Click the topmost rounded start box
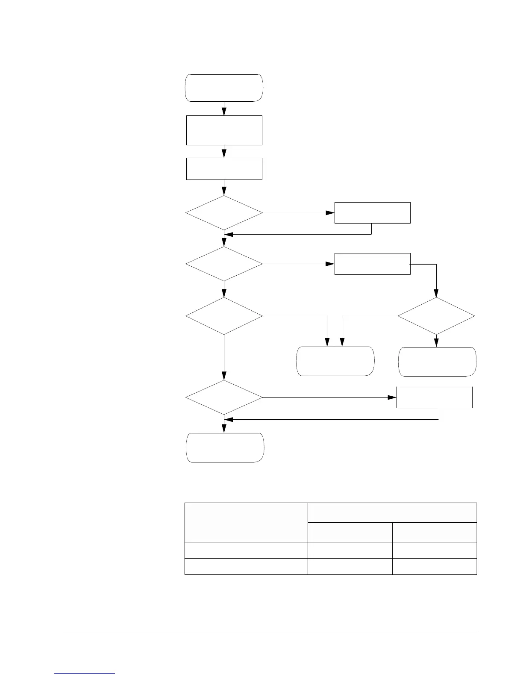click(224, 88)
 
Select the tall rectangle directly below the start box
click(224, 130)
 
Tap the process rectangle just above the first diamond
click(224, 169)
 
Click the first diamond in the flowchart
click(224, 213)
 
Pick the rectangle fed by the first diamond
click(372, 213)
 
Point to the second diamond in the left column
click(224, 264)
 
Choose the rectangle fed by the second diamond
click(372, 264)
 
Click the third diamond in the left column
click(224, 316)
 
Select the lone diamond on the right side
click(436, 316)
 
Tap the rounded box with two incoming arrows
click(335, 362)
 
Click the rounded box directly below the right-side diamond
click(437, 362)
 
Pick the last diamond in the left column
click(224, 397)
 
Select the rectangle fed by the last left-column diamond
click(435, 397)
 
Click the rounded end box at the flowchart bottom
click(225, 447)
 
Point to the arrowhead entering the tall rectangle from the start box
click(224, 112)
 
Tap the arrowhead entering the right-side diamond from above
click(436, 295)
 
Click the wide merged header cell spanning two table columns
click(392, 512)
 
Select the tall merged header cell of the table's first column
click(246, 522)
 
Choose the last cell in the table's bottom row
click(434, 566)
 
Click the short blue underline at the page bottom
click(85, 674)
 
